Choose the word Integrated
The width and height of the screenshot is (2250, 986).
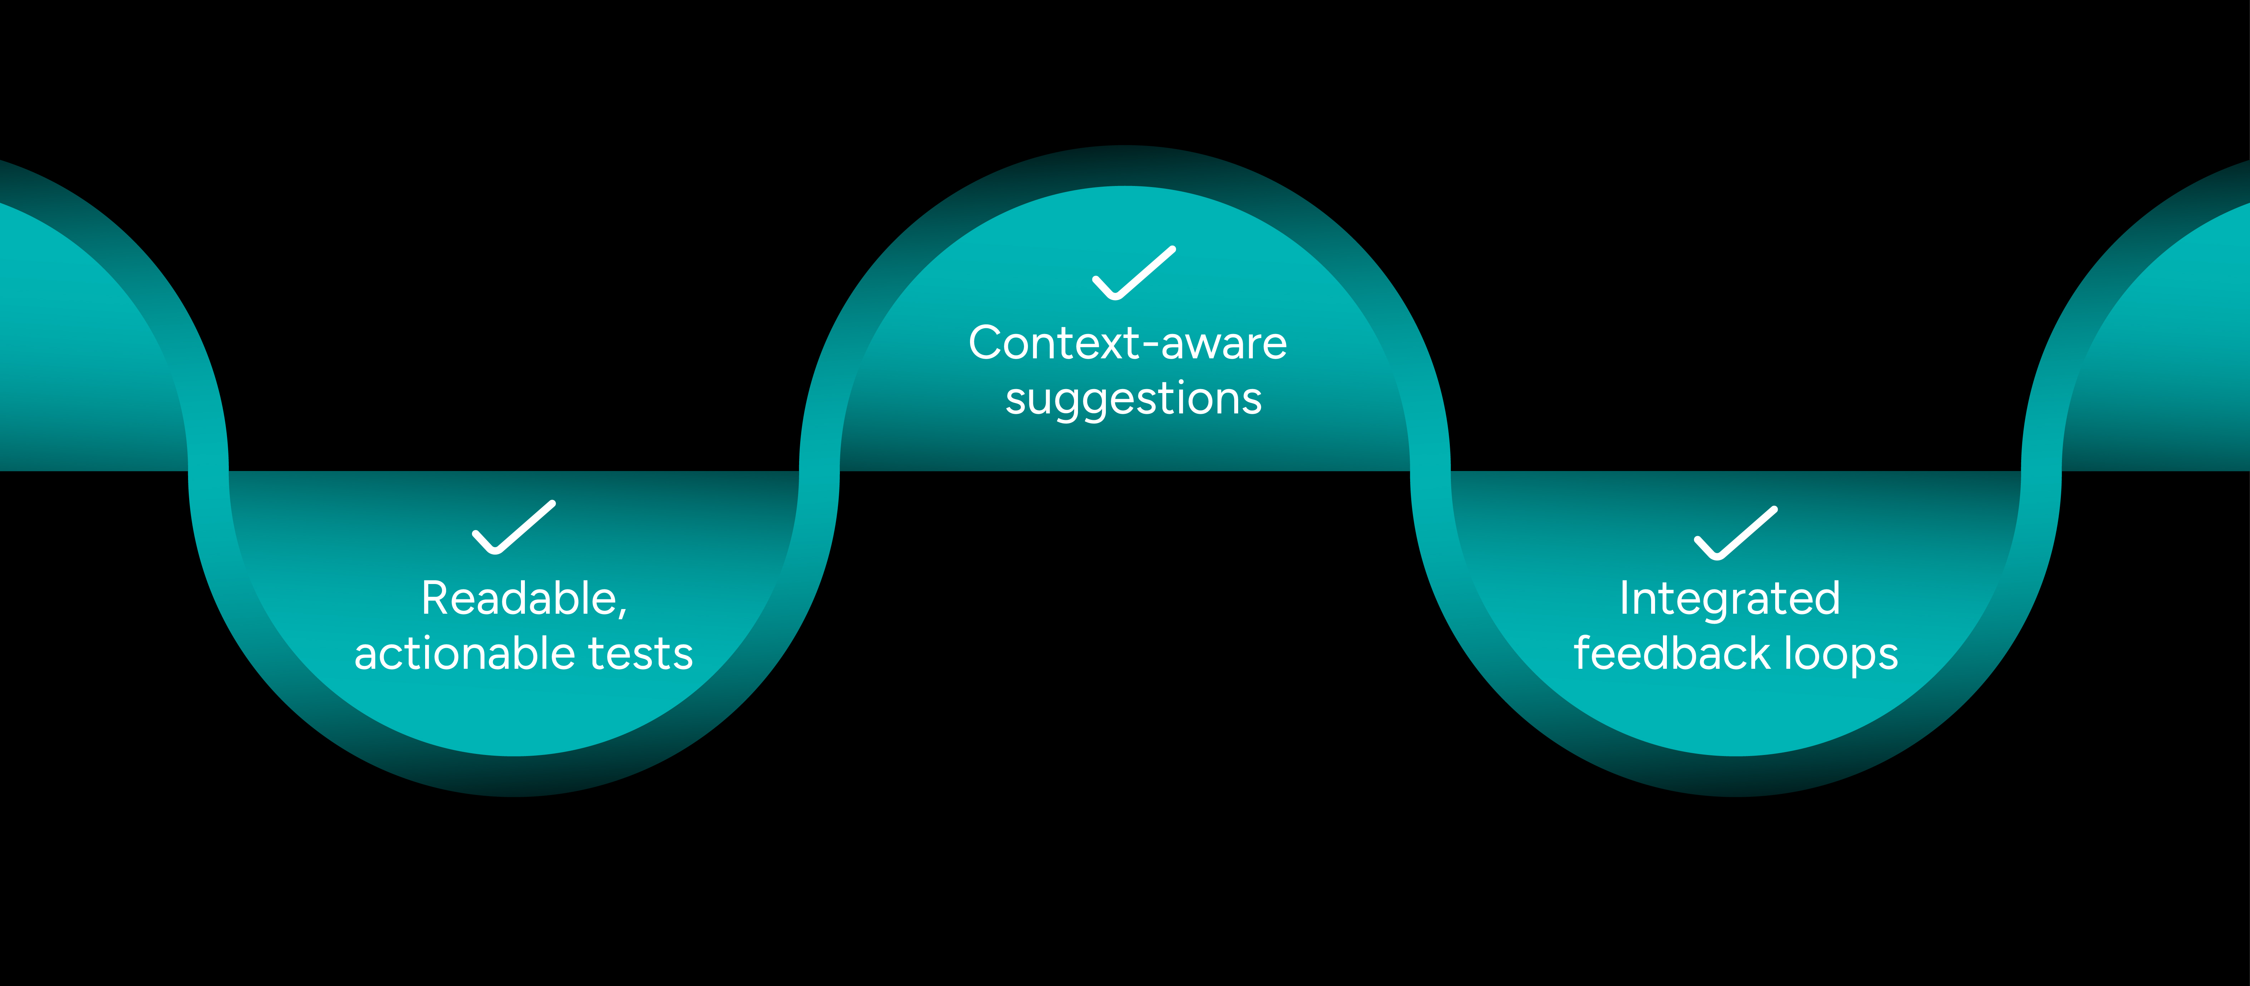pos(1729,599)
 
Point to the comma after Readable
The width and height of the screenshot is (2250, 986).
pos(623,613)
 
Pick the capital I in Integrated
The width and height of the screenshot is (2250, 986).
pos(1625,599)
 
